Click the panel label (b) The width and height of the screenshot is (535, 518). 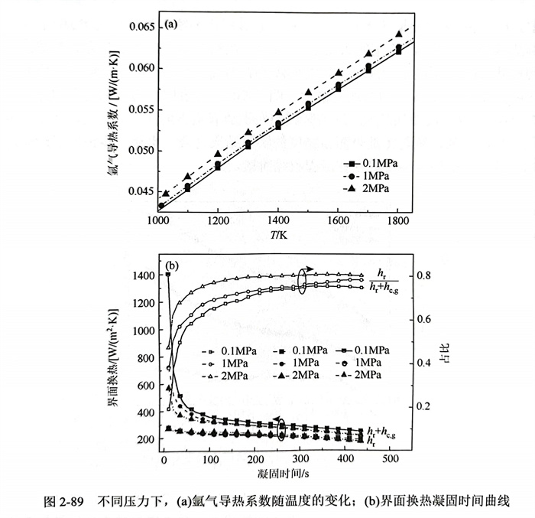171,266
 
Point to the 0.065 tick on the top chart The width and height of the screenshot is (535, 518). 141,28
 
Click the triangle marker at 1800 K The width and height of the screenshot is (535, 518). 398,34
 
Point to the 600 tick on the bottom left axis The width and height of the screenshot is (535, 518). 146,386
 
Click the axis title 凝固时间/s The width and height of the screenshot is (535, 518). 280,475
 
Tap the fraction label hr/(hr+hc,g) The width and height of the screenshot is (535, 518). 387,279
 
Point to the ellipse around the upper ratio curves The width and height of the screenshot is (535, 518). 303,281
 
